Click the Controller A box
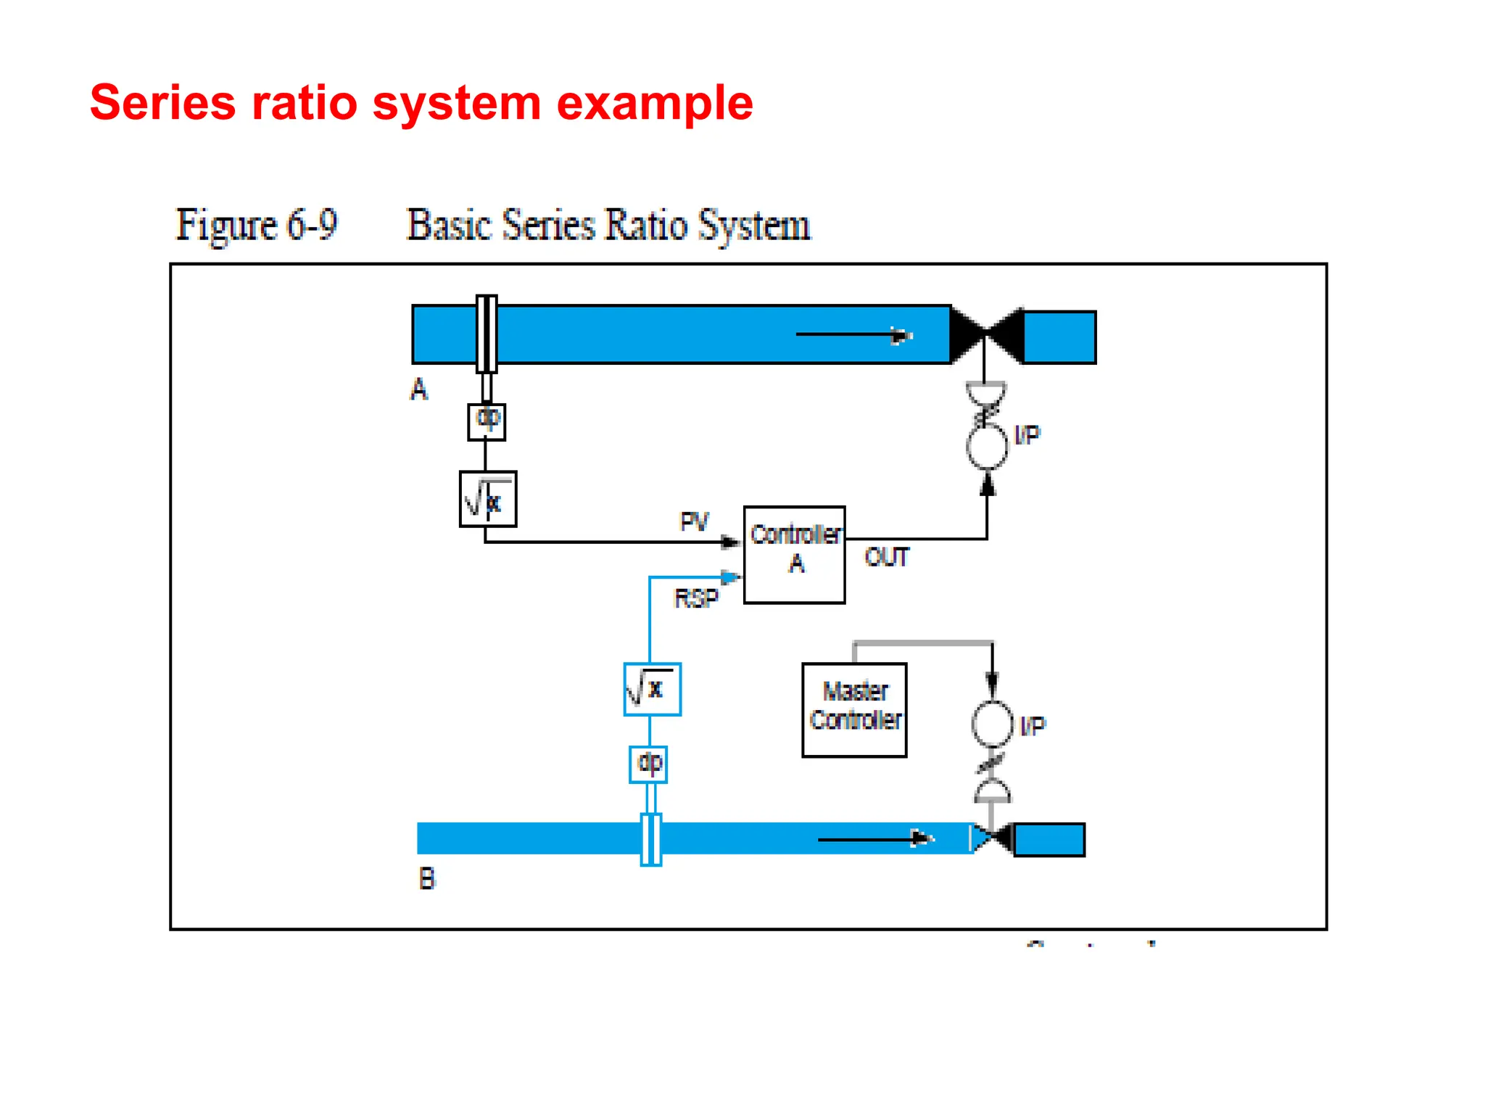click(794, 554)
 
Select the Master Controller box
click(854, 709)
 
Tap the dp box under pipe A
click(487, 421)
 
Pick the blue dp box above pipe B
click(648, 764)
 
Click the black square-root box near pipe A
click(488, 499)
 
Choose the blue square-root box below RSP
click(652, 689)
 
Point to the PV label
click(694, 521)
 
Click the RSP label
click(696, 598)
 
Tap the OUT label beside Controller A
click(887, 557)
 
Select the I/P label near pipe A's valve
click(1027, 434)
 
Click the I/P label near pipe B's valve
click(1033, 725)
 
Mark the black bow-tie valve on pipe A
click(986, 334)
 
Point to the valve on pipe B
click(992, 838)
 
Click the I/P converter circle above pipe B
click(991, 724)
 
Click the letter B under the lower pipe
click(427, 879)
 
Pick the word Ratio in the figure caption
click(646, 225)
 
